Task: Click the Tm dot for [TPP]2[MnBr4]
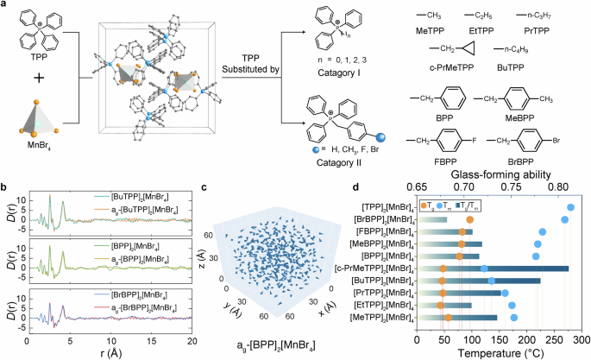point(571,207)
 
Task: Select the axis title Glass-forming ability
point(494,171)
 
